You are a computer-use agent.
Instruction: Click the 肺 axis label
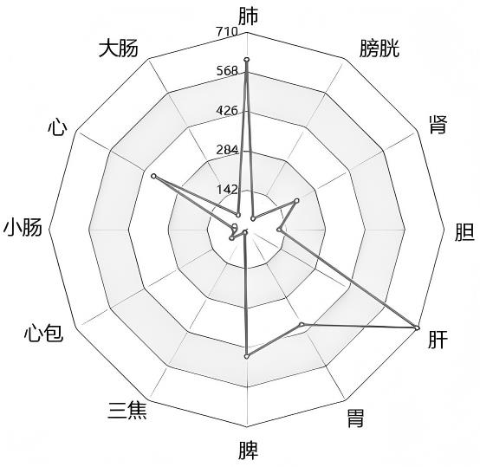(249, 16)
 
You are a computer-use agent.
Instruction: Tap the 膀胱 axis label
(379, 49)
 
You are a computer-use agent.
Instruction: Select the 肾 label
(438, 125)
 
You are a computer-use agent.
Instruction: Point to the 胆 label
(464, 231)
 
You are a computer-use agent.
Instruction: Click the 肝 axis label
(438, 339)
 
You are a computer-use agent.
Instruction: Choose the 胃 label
(355, 418)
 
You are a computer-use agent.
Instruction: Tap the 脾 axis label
(249, 451)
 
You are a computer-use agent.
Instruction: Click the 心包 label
(44, 334)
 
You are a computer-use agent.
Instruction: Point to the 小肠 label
(23, 227)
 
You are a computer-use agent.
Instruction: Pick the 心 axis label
(57, 127)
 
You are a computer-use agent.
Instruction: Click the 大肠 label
(118, 49)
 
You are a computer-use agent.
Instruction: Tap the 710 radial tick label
(226, 31)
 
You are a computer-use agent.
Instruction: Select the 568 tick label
(227, 71)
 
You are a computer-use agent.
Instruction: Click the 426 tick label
(227, 111)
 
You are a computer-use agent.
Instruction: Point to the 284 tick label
(227, 150)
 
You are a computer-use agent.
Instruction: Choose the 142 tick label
(227, 190)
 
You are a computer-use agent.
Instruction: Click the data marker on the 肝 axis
(417, 328)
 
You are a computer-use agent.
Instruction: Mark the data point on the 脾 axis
(247, 356)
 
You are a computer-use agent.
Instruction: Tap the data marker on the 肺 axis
(247, 59)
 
